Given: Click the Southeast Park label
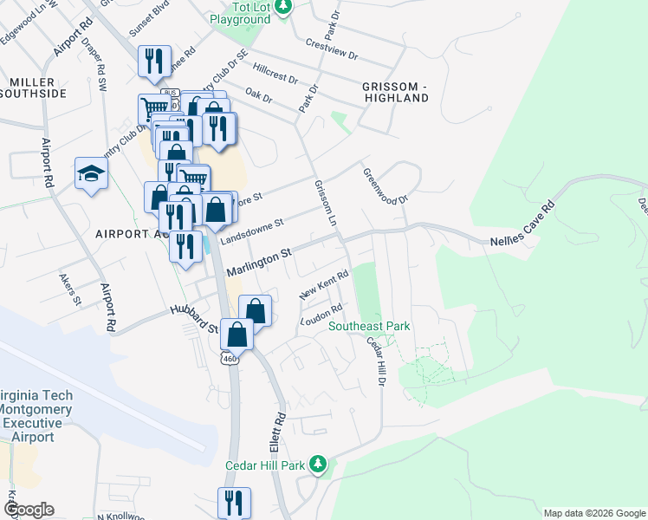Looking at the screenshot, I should coord(369,327).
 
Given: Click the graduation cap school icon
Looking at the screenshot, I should coord(91,173).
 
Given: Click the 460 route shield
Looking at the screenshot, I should coord(230,358).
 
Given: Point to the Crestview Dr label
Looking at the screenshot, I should coord(331,48).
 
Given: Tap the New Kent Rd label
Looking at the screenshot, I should coord(324,286).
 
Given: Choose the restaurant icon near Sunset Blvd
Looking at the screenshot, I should coord(154,61).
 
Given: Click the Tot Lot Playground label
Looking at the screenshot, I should coord(239,12).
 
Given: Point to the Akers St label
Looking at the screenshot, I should coord(69,289).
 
